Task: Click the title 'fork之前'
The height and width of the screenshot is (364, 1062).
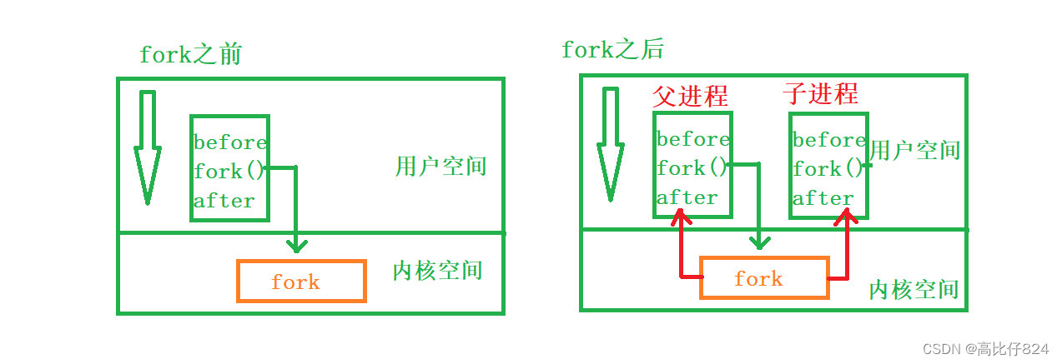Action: click(191, 55)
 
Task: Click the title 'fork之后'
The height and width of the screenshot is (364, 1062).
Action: click(612, 50)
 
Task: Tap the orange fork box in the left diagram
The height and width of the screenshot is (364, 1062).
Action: click(301, 282)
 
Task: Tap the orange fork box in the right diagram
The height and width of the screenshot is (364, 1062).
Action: click(763, 278)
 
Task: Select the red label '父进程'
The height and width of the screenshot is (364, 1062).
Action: click(690, 96)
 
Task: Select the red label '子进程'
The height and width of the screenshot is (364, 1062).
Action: click(820, 93)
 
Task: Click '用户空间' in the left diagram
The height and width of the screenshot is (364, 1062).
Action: click(440, 166)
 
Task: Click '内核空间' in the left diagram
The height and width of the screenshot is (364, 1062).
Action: click(437, 271)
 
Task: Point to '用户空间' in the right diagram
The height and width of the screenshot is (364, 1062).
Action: click(914, 151)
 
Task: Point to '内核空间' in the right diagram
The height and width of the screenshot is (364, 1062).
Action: click(914, 290)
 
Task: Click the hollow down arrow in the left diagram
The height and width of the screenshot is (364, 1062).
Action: click(148, 147)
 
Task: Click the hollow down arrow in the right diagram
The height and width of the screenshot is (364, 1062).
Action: click(611, 143)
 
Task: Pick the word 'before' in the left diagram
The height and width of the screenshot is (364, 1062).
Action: click(230, 142)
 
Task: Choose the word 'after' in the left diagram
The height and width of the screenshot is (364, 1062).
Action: click(224, 201)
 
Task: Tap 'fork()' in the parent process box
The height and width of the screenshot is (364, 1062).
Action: click(692, 168)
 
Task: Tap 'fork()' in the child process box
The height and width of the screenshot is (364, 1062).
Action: click(828, 169)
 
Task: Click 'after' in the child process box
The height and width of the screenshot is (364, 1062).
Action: click(823, 198)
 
